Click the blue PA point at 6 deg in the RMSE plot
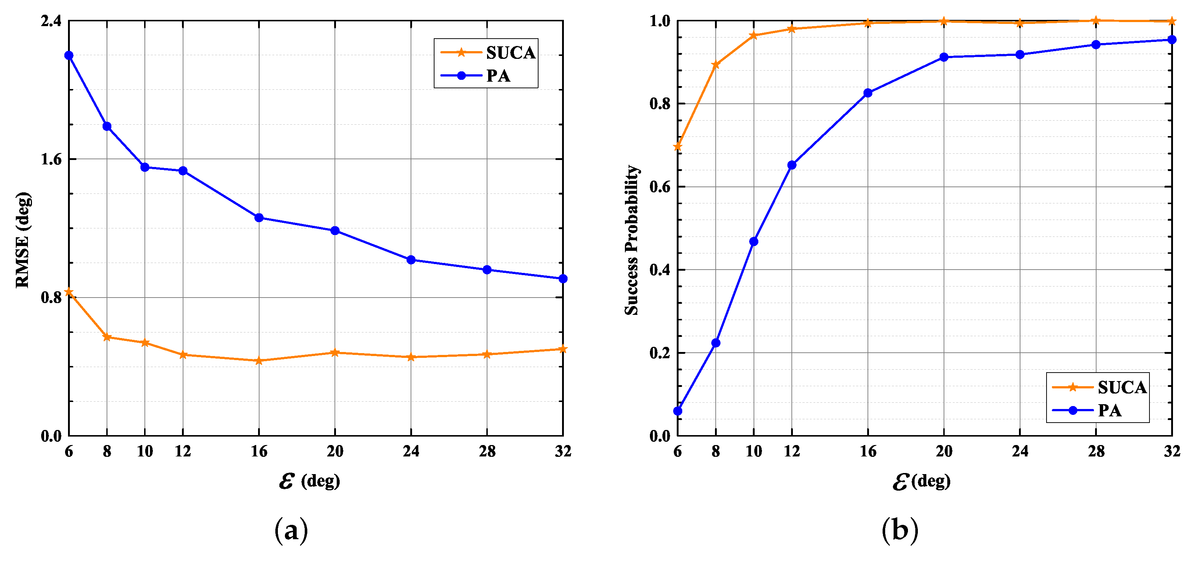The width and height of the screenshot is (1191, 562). click(69, 56)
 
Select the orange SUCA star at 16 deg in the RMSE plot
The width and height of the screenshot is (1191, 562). click(259, 361)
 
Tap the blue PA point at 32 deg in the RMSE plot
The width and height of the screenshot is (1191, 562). click(563, 279)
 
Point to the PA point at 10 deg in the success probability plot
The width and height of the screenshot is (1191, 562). click(754, 241)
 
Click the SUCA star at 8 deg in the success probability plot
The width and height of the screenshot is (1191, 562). click(716, 65)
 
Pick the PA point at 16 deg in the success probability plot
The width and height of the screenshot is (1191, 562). click(868, 93)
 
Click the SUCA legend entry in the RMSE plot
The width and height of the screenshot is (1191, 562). click(488, 53)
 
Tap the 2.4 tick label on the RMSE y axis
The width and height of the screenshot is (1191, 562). click(51, 21)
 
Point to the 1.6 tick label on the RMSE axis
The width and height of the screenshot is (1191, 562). click(51, 160)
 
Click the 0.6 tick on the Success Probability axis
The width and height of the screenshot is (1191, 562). click(660, 187)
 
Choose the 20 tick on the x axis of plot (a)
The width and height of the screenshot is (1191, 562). click(335, 451)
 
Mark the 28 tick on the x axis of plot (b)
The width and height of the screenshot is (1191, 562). click(1096, 451)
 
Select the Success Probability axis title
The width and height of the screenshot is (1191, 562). click(632, 239)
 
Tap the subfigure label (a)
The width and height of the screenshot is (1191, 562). click(291, 530)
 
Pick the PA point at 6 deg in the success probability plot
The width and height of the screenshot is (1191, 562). click(678, 411)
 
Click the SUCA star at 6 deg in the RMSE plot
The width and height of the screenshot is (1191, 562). click(69, 292)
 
